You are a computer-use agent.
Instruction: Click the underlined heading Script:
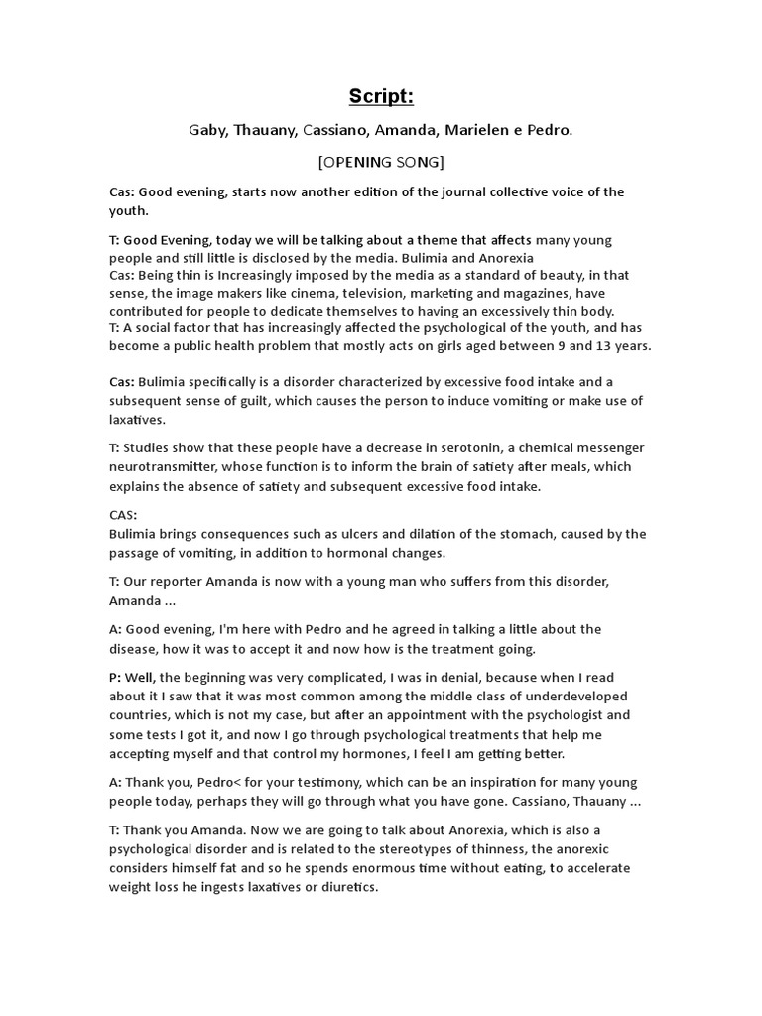[x=381, y=96]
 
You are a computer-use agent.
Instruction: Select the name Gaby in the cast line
[x=207, y=130]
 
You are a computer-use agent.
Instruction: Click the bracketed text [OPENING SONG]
[x=381, y=162]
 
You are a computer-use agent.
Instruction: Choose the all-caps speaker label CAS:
[x=123, y=515]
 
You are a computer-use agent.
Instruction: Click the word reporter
[x=185, y=581]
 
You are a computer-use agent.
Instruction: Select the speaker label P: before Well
[x=115, y=677]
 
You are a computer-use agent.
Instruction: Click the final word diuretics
[x=346, y=887]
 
